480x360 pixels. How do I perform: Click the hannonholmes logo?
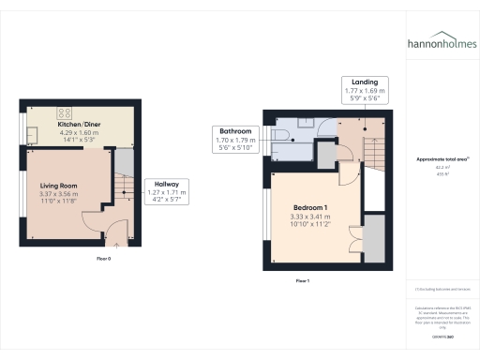(x=442, y=43)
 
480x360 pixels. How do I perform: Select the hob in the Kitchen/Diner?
(x=42, y=110)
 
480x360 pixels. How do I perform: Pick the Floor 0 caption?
(x=103, y=258)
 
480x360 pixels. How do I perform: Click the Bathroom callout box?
(x=235, y=139)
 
